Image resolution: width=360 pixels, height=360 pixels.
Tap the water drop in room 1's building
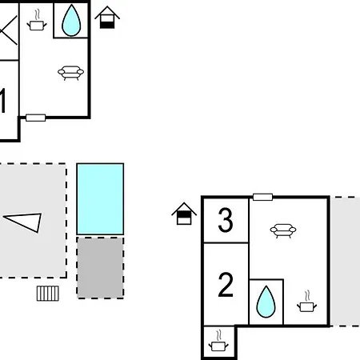(71, 21)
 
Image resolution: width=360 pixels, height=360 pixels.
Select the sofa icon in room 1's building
(70, 73)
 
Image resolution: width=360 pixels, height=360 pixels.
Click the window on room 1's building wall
(35, 118)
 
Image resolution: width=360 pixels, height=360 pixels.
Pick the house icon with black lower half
(107, 18)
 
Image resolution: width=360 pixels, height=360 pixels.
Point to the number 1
(2, 102)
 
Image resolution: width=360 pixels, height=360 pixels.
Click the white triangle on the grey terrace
(23, 222)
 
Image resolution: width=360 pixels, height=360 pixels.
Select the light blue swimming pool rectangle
(100, 199)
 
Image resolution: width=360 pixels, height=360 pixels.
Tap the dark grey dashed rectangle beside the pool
(100, 268)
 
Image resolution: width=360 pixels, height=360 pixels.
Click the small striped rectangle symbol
(48, 294)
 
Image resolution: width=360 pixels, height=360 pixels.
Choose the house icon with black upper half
(184, 214)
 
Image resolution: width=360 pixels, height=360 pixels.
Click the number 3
(226, 220)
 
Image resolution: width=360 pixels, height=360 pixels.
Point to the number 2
(226, 285)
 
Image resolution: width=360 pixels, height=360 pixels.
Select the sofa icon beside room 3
(283, 230)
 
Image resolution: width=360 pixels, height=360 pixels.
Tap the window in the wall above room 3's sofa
(262, 197)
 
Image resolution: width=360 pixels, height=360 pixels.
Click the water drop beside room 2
(266, 302)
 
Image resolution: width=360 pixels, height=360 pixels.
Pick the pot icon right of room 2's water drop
(307, 302)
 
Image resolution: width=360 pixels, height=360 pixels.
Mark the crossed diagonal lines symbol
(9, 30)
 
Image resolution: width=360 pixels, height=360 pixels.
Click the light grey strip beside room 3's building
(346, 262)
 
